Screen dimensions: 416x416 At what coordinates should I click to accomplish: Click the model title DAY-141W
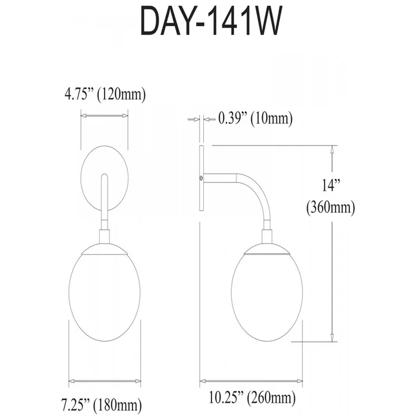(x=210, y=21)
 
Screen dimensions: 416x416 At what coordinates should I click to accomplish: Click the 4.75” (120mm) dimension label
(x=105, y=94)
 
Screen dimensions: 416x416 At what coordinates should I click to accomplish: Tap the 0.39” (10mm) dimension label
(x=255, y=118)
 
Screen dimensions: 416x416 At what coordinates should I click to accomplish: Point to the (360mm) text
(x=330, y=207)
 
